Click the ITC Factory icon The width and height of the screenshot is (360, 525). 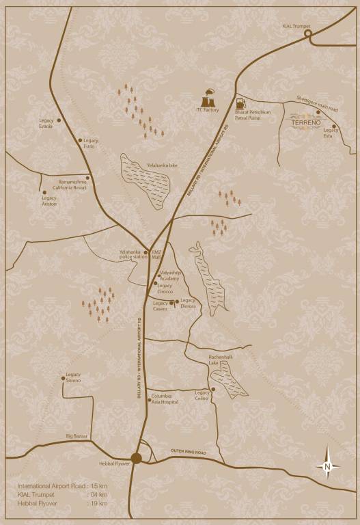pyautogui.click(x=208, y=93)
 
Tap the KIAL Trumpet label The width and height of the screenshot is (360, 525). pyautogui.click(x=296, y=26)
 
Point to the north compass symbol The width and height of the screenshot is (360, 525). pyautogui.click(x=328, y=466)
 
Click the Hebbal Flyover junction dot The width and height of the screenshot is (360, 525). pyautogui.click(x=137, y=459)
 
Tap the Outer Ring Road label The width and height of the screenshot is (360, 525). pyautogui.click(x=189, y=452)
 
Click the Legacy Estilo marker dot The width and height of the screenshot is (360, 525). pyautogui.click(x=80, y=140)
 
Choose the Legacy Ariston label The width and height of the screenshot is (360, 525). pyautogui.click(x=50, y=200)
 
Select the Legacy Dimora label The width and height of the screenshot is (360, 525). pyautogui.click(x=187, y=303)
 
